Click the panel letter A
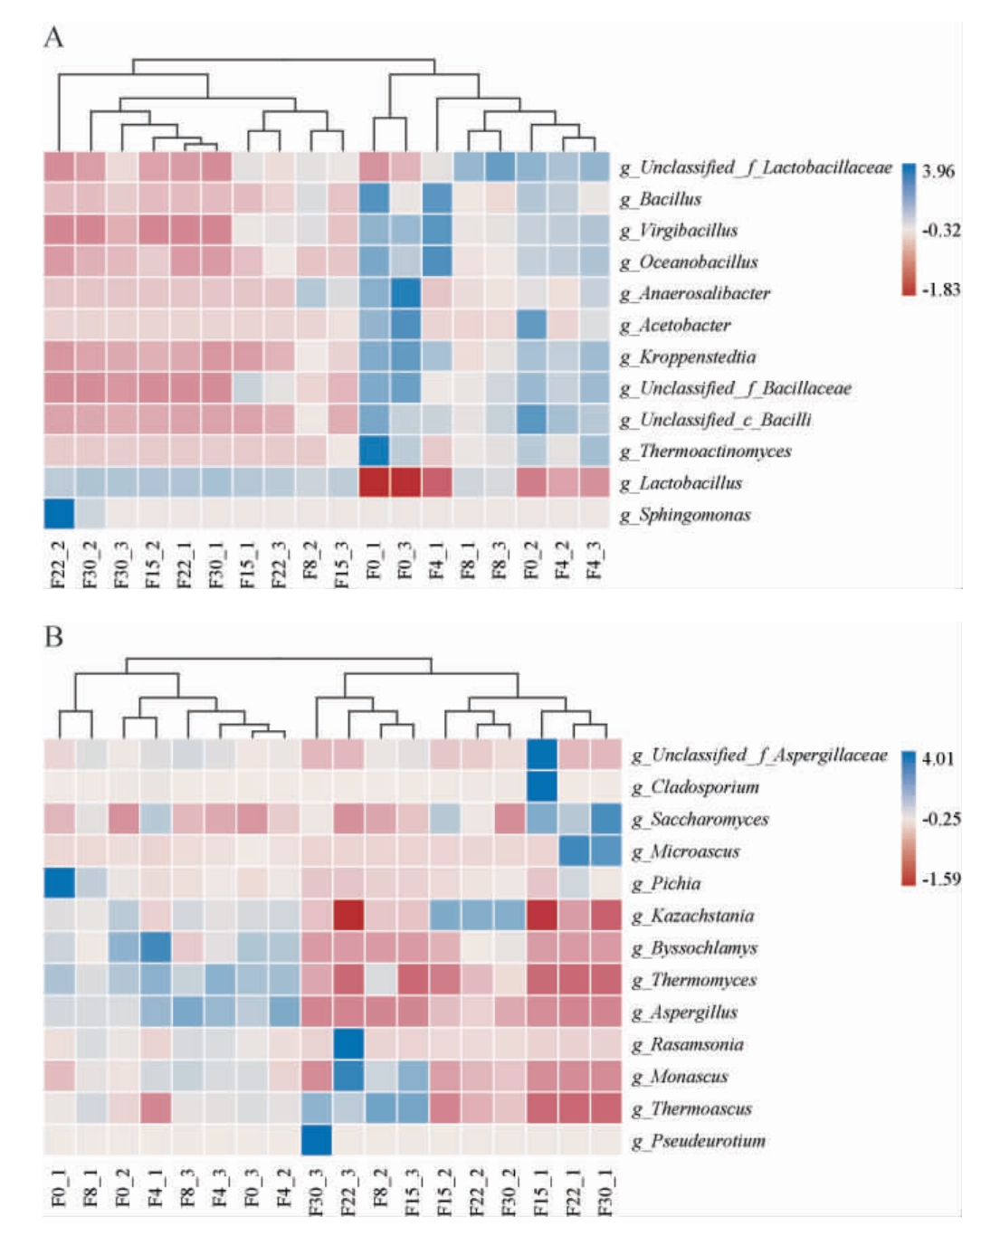(x=53, y=38)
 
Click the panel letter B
(x=53, y=638)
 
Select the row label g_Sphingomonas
(x=685, y=515)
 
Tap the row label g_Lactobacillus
(x=681, y=483)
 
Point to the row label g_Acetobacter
(x=675, y=325)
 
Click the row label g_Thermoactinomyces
(x=705, y=452)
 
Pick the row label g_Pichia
(x=666, y=884)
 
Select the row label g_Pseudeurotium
(x=699, y=1141)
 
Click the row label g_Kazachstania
(x=692, y=916)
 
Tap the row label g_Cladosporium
(x=695, y=787)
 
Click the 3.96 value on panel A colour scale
(x=938, y=172)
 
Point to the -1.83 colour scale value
(x=940, y=290)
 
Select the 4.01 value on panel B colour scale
(x=938, y=758)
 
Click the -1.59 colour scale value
(x=940, y=879)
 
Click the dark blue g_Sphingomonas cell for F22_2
(x=59, y=513)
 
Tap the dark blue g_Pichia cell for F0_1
(x=59, y=883)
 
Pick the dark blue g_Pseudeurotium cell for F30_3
(x=316, y=1140)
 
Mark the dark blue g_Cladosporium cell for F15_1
(x=541, y=785)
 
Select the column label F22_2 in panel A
(x=59, y=563)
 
